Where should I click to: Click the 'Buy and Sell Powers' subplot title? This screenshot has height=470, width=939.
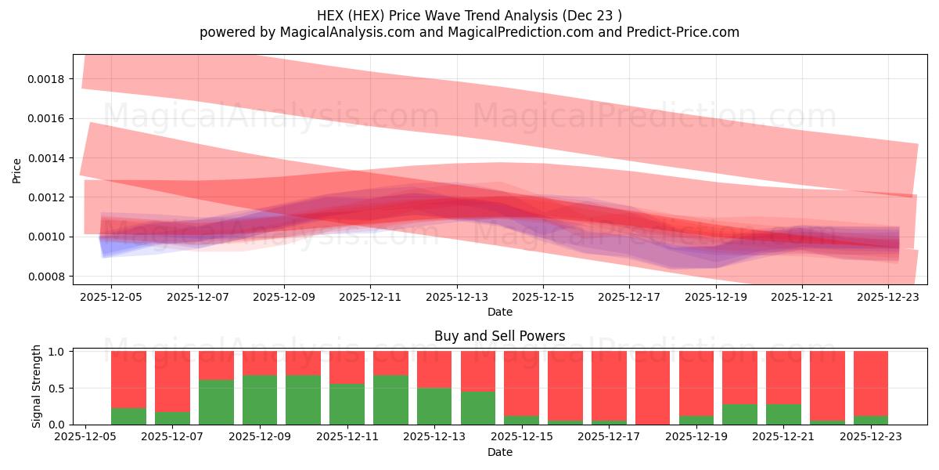(x=499, y=336)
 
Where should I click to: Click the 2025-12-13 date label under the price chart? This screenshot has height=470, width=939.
(x=457, y=297)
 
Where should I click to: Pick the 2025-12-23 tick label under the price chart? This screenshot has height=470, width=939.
(x=888, y=297)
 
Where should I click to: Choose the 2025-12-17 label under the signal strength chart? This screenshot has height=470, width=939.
(x=607, y=437)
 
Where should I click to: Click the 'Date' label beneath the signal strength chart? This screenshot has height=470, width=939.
(x=499, y=452)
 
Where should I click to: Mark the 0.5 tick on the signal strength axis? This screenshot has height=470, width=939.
(x=56, y=388)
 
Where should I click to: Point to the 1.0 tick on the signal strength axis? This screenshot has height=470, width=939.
(x=56, y=352)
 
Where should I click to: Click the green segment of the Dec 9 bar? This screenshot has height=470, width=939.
(x=260, y=400)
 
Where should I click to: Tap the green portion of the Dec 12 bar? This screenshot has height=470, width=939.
(x=390, y=400)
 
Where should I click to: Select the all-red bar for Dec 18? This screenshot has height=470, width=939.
(x=653, y=388)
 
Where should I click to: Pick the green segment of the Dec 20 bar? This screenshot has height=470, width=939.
(x=739, y=414)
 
